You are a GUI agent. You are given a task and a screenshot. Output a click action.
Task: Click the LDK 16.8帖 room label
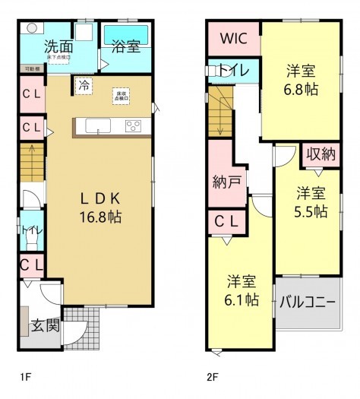point(99,207)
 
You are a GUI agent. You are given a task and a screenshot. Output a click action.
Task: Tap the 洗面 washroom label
point(58,46)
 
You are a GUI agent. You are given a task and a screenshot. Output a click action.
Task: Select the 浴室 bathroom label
point(125,46)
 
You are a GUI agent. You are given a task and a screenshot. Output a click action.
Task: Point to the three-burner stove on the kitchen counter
point(132,126)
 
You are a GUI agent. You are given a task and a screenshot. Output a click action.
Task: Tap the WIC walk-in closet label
point(232,39)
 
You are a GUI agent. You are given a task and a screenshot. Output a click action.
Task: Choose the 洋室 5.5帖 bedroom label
point(311,201)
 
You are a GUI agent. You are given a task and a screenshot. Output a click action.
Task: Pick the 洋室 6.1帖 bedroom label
point(242,290)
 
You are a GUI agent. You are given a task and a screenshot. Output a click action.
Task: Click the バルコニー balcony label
point(307,301)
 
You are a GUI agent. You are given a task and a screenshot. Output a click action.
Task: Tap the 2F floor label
point(213,375)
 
